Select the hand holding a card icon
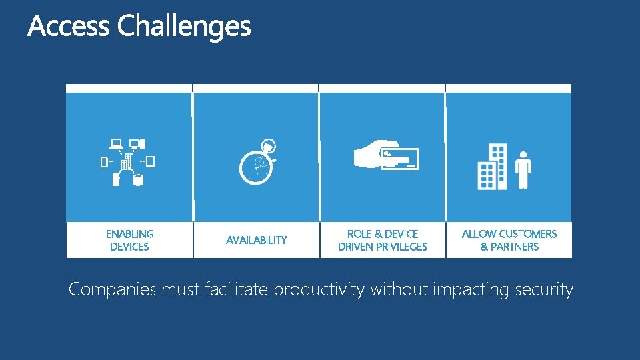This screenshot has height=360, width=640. click(385, 156)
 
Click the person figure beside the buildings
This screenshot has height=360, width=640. click(523, 169)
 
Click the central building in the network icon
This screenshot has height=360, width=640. click(127, 161)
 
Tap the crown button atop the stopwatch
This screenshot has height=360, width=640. click(269, 145)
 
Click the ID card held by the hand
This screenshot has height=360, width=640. click(399, 158)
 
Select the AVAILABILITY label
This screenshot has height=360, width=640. click(256, 240)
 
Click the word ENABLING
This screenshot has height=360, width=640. click(129, 234)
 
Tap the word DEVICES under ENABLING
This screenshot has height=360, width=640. click(129, 247)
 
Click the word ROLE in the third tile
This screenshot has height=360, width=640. click(360, 234)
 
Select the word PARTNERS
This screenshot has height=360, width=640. click(515, 247)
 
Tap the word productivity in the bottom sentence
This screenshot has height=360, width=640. click(319, 290)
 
